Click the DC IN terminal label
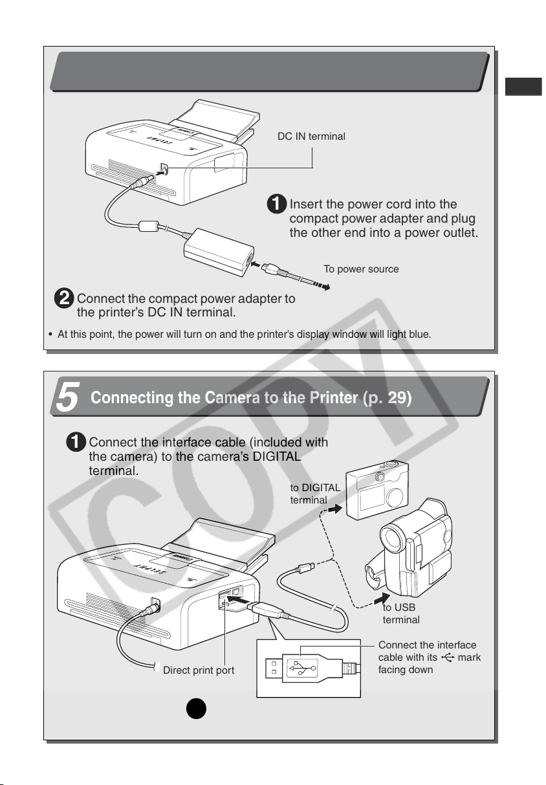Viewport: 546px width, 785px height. [311, 137]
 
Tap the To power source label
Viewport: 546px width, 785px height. [361, 269]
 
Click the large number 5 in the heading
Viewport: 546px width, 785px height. [68, 397]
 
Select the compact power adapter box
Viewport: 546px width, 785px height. [219, 252]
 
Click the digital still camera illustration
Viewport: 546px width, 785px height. [377, 490]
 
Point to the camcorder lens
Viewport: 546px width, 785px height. [391, 538]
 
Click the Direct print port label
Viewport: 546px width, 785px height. [199, 670]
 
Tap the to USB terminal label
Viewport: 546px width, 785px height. [400, 614]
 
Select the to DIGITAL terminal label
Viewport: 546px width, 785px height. [315, 494]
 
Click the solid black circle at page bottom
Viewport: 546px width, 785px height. [196, 709]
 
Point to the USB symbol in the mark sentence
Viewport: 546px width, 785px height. [448, 658]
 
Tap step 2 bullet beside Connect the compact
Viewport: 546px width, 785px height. [64, 298]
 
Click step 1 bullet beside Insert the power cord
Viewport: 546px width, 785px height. [277, 204]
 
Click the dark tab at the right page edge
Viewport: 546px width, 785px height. [523, 87]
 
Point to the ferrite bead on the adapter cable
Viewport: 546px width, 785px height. [149, 226]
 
